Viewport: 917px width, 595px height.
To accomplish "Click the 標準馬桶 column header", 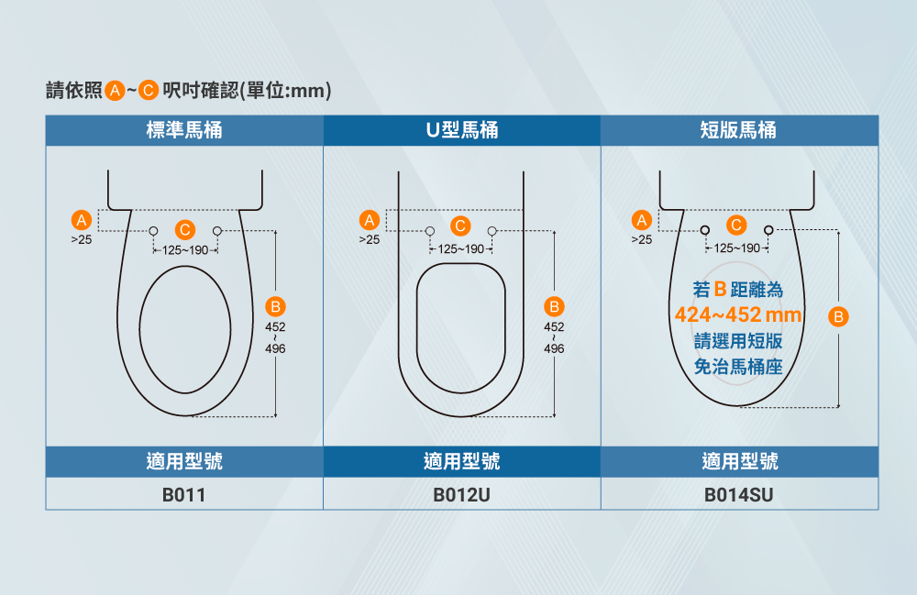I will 184,130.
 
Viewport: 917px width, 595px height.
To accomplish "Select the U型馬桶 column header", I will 462,130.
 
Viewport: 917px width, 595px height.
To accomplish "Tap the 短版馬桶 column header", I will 738,130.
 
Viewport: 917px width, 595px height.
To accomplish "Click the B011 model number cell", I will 184,495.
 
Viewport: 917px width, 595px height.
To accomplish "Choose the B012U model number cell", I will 462,495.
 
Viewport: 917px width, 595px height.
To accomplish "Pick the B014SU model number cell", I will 739,495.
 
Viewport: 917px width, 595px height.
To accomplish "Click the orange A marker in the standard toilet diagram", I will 82,221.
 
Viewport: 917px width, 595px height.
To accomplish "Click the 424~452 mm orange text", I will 738,316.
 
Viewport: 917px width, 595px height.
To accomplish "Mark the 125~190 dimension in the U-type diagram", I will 461,249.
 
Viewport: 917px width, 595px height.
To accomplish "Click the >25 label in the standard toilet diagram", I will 82,239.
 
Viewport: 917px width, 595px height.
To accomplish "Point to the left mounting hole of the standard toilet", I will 153,229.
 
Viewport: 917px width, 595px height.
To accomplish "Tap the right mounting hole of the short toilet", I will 768,229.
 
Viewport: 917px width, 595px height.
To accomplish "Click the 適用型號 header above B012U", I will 462,461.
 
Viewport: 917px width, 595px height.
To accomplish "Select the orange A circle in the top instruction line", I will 115,91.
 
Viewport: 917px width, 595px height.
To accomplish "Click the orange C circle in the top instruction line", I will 149,91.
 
